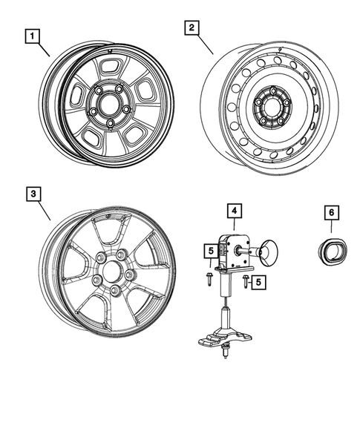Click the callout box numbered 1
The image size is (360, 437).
(x=33, y=35)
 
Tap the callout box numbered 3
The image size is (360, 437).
(x=33, y=194)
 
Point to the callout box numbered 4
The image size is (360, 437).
(x=234, y=213)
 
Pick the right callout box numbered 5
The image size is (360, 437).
(x=258, y=282)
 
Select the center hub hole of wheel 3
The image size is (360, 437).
(x=112, y=272)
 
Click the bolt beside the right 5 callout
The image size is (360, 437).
(x=244, y=280)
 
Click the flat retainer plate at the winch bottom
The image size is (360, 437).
(x=222, y=338)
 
